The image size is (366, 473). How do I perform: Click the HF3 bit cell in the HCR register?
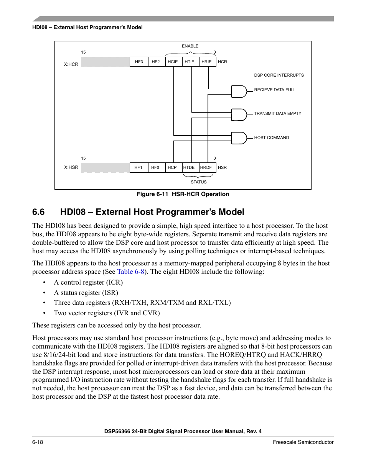click(x=139, y=62)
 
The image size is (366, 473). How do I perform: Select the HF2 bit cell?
click(x=156, y=62)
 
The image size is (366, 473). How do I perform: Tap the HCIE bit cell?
click(x=173, y=62)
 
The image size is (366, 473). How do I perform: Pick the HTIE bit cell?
click(x=190, y=62)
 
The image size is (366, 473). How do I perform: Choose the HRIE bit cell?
click(x=207, y=62)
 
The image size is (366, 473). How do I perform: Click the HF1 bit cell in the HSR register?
click(x=138, y=167)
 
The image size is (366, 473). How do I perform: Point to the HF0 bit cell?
click(x=155, y=167)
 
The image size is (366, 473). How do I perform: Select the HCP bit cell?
click(x=173, y=167)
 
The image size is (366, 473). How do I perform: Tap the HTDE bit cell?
click(x=189, y=167)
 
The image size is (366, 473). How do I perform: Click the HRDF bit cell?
click(x=206, y=167)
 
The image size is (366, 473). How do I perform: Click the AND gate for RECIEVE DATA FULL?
click(x=239, y=92)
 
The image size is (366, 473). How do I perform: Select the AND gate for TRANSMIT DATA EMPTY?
click(x=239, y=115)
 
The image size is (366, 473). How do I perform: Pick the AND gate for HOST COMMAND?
click(x=239, y=138)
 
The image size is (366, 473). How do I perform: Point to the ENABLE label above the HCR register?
click(x=190, y=46)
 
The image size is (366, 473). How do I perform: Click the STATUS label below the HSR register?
click(x=199, y=182)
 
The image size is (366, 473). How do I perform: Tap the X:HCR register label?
click(x=71, y=64)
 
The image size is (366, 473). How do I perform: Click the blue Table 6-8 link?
click(x=131, y=272)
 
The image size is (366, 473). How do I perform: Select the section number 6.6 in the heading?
click(x=38, y=212)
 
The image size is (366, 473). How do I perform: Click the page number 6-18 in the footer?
click(x=38, y=442)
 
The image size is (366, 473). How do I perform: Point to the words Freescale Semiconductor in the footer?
click(x=303, y=442)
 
